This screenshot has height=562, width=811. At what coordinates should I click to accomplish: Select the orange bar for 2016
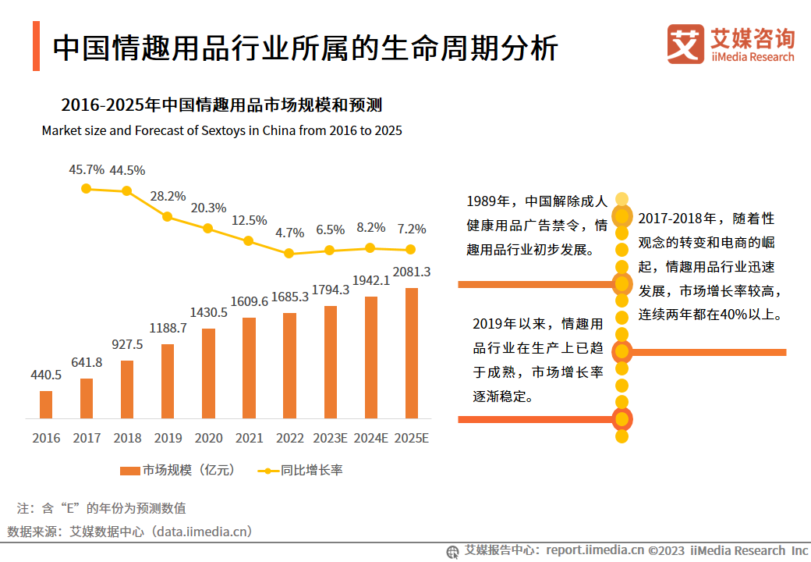click(46, 404)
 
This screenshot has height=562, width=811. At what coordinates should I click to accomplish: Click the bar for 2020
click(208, 373)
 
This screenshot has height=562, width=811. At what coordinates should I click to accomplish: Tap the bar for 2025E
click(411, 353)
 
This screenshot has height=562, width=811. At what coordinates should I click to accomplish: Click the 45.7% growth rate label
click(87, 169)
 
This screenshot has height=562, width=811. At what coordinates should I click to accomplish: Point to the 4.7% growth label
click(289, 233)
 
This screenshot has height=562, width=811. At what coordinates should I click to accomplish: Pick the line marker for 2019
click(168, 216)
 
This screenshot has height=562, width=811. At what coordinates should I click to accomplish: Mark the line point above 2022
click(289, 253)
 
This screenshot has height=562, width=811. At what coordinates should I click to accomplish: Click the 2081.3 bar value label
click(412, 272)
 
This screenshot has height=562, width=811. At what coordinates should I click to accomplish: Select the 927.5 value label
click(127, 344)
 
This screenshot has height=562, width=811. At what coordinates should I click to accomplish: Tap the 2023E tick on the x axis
click(330, 438)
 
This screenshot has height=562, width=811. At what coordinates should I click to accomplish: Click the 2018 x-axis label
click(127, 438)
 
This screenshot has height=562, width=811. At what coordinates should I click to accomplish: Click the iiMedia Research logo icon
click(685, 44)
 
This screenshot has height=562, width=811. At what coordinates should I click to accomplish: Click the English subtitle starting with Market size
click(222, 130)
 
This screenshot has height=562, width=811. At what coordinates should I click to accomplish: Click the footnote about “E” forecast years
click(101, 508)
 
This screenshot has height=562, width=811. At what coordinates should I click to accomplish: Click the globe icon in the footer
click(452, 551)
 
